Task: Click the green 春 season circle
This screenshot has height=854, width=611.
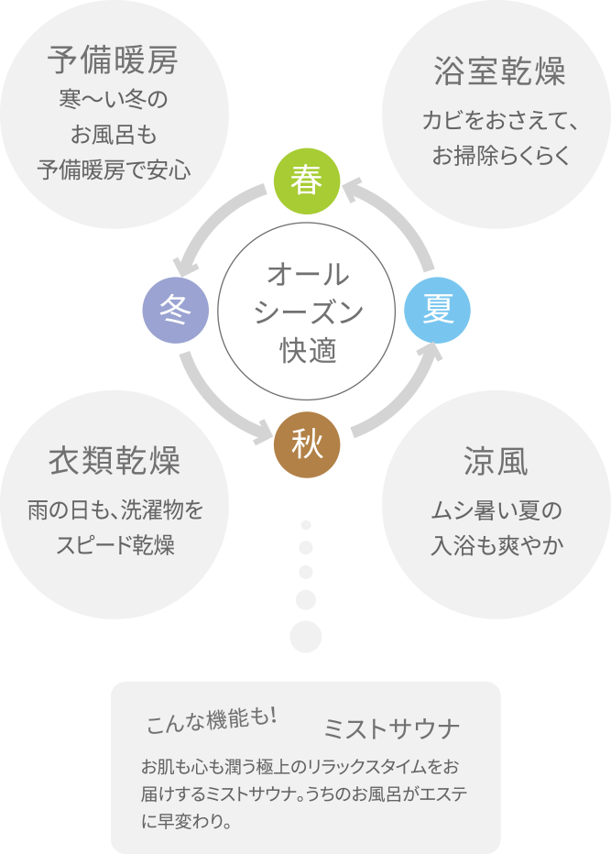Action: (x=307, y=181)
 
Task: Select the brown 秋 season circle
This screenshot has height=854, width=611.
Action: (x=307, y=445)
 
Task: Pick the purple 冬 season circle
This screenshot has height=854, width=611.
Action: (x=175, y=312)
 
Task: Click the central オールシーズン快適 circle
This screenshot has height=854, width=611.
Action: (x=307, y=312)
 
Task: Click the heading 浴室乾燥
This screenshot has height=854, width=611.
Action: (x=499, y=71)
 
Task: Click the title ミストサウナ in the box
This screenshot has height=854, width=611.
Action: (x=391, y=729)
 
